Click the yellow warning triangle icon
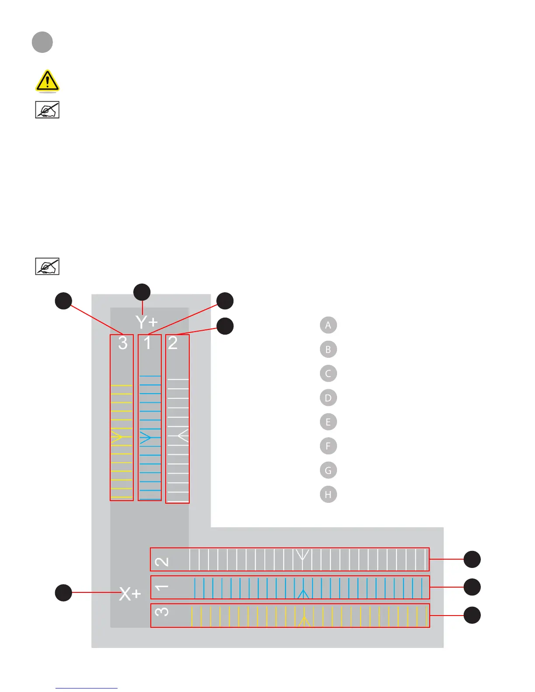point(47,81)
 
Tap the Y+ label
point(146,322)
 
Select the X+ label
point(130,594)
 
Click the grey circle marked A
point(328,325)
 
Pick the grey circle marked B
point(328,349)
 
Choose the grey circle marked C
point(328,374)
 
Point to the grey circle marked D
point(328,398)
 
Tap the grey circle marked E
point(328,422)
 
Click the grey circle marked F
point(328,446)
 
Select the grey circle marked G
point(328,471)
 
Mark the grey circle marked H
point(328,495)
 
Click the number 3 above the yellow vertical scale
point(123,343)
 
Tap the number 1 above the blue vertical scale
point(148,343)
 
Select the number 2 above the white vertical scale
point(173,343)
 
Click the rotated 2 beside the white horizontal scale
point(162,561)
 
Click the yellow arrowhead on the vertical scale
point(117,437)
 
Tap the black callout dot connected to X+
point(63,592)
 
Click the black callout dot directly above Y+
point(142,292)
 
